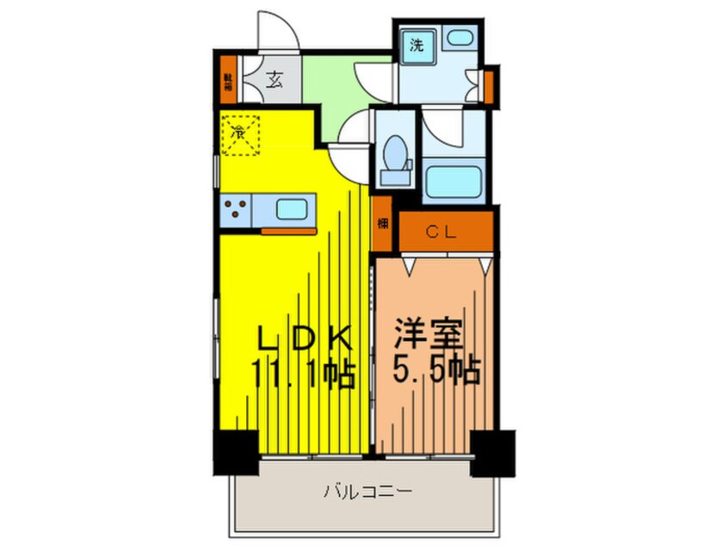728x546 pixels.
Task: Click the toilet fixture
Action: coord(397,157)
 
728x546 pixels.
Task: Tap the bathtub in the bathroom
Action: coord(455,182)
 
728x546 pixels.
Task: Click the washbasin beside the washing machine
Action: coord(462,39)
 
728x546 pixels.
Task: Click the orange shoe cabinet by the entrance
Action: coord(229,81)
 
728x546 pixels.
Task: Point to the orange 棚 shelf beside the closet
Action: coord(381,224)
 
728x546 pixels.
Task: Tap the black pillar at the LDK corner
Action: coord(235,450)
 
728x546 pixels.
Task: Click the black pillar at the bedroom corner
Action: coord(493,449)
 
